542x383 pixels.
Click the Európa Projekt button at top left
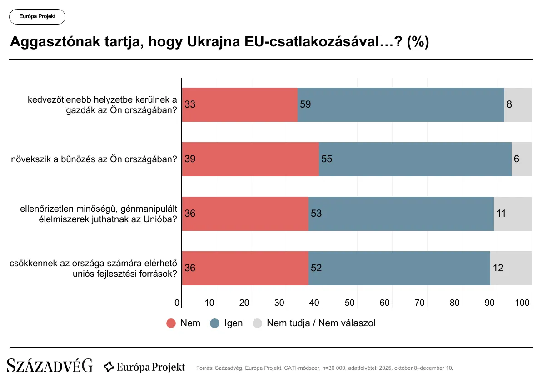pos(37,17)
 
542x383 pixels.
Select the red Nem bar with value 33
pos(240,104)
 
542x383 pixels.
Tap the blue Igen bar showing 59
pos(401,104)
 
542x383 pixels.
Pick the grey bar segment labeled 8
pos(518,104)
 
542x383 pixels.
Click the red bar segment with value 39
pos(250,159)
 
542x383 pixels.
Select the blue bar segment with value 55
pos(415,159)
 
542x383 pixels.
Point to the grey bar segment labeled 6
pos(522,159)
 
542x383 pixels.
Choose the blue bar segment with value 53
pos(401,214)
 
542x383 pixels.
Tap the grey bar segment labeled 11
pos(513,214)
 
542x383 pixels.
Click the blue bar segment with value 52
pos(399,268)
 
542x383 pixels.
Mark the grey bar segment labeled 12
pos(511,268)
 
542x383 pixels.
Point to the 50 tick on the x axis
pos(350,303)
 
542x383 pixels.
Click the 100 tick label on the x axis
pos(523,303)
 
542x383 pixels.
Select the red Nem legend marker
pos(171,323)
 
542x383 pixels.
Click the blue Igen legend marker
pos(215,323)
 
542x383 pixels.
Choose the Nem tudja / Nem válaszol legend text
pos(321,323)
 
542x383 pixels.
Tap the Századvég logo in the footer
pos(50,366)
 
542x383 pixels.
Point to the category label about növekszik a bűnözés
pos(94,159)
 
